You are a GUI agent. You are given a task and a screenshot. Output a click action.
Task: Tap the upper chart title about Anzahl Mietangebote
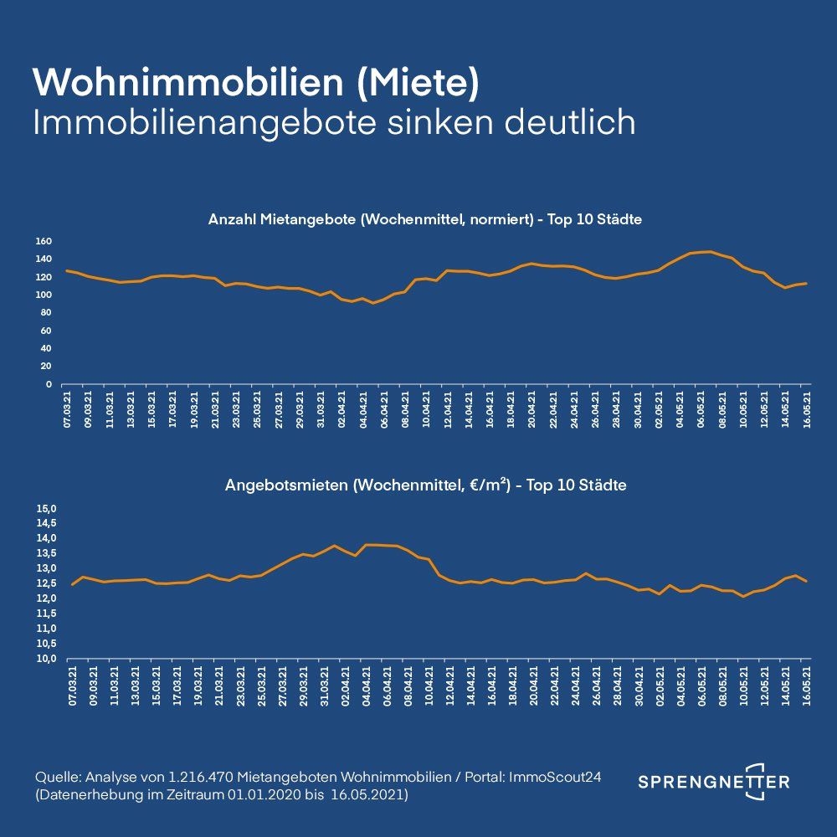pyautogui.click(x=424, y=220)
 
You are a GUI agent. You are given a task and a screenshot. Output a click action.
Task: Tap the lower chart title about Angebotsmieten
pyautogui.click(x=424, y=485)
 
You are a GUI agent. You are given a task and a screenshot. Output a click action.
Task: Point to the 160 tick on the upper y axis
pyautogui.click(x=44, y=242)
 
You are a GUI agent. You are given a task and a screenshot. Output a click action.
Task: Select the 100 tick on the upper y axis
pyautogui.click(x=44, y=295)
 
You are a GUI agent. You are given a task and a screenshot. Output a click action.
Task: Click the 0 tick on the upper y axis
pyautogui.click(x=49, y=385)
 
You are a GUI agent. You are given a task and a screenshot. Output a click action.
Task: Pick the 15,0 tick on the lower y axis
pyautogui.click(x=44, y=509)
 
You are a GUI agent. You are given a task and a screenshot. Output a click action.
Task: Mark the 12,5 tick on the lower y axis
pyautogui.click(x=44, y=583)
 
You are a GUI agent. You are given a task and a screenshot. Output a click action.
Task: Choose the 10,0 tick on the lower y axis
pyautogui.click(x=44, y=659)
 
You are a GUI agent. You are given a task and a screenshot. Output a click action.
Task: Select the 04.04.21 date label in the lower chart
pyautogui.click(x=367, y=687)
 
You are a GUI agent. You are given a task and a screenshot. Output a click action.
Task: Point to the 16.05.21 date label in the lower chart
pyautogui.click(x=807, y=687)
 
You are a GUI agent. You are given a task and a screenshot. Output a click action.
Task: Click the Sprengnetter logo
pyautogui.click(x=714, y=782)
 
